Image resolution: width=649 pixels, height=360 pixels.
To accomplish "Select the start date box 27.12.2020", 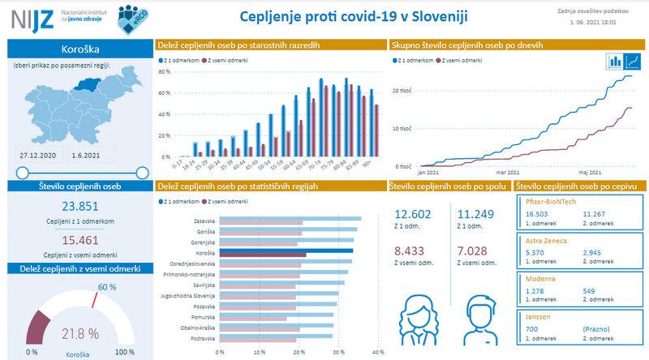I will click(38, 153).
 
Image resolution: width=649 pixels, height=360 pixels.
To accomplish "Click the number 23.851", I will click(80, 206).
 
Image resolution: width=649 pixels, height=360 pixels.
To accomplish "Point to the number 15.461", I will click(80, 241).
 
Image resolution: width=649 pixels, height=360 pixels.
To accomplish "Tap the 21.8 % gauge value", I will click(80, 333).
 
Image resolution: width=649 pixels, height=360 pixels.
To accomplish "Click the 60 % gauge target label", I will click(107, 287).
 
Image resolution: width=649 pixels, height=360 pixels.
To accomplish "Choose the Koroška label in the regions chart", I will click(204, 253).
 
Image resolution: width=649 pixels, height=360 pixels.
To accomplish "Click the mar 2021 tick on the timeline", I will click(507, 173).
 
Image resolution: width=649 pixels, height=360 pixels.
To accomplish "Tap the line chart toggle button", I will click(633, 61).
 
